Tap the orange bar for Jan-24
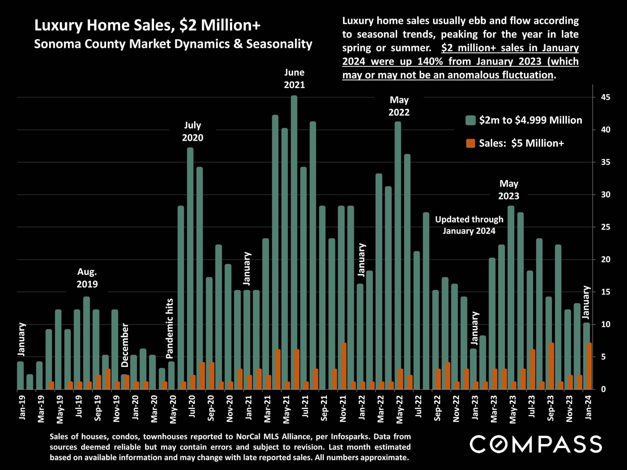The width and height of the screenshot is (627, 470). point(589,366)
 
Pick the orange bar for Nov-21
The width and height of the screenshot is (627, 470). point(344,366)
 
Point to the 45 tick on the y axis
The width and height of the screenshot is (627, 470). point(605,97)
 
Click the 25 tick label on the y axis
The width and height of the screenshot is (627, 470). point(605,227)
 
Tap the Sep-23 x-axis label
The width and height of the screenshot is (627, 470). point(551,408)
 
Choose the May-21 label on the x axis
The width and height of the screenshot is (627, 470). point(286,409)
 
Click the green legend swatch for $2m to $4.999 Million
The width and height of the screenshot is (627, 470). point(470,120)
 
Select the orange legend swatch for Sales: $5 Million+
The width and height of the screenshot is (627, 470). point(470,143)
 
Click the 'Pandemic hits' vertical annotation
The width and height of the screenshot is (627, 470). point(169,328)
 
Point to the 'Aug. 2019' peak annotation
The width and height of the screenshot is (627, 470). point(87,278)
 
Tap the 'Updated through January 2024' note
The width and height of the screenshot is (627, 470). point(469,225)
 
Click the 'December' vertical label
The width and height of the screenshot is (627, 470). point(125,345)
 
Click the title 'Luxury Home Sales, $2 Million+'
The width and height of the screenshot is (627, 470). point(147,25)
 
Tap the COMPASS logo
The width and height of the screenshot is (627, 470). point(536,444)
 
